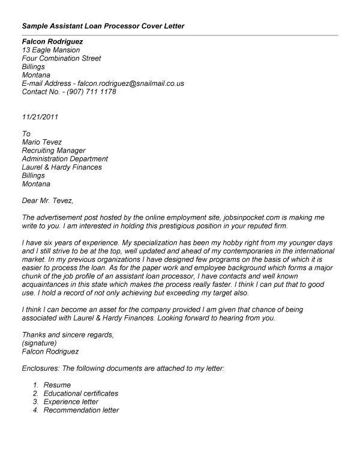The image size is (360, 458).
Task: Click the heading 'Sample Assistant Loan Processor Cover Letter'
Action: click(x=103, y=26)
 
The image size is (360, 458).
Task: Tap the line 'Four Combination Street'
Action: click(x=61, y=59)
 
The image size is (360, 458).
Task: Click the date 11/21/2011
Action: click(x=40, y=117)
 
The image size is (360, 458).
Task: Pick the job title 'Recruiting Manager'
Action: click(x=53, y=151)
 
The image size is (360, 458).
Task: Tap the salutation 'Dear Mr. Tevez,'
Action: click(x=50, y=200)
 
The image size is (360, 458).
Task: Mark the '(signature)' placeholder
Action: click(x=40, y=343)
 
